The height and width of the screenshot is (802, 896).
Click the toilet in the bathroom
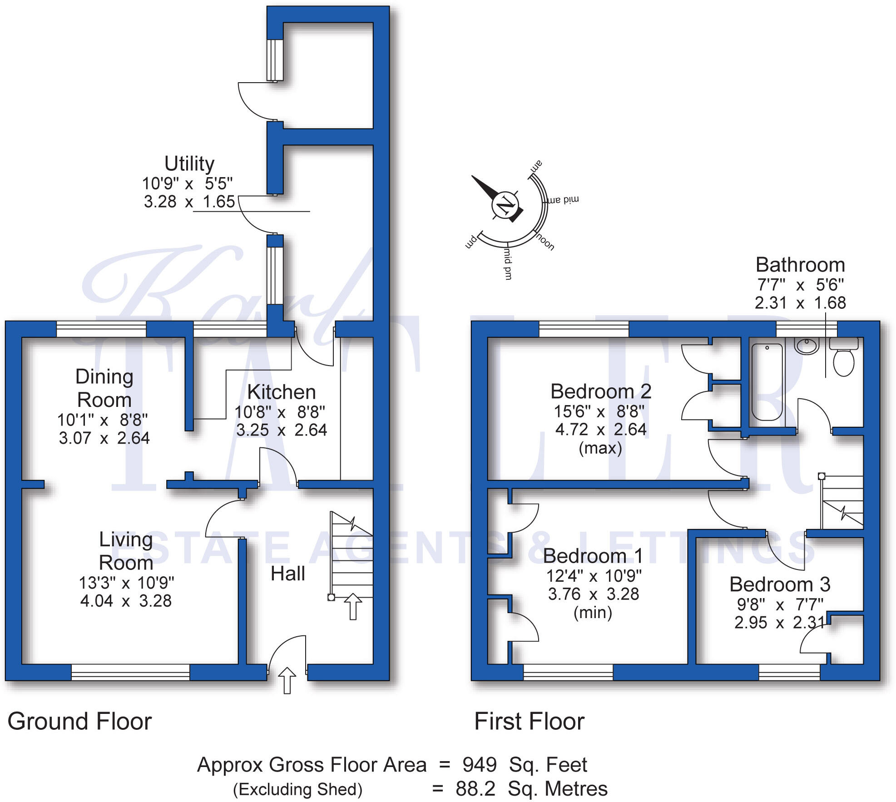(x=844, y=358)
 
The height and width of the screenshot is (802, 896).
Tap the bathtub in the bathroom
(x=767, y=381)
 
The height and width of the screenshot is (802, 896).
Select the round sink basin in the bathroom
(x=807, y=346)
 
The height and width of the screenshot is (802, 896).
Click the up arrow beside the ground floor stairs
(x=353, y=606)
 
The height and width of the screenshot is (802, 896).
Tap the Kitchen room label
(x=282, y=392)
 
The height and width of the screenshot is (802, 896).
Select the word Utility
(x=189, y=163)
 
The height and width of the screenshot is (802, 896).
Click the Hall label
(x=287, y=574)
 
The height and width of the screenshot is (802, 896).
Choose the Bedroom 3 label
(x=780, y=584)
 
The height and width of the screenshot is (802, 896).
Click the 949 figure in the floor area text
(x=480, y=765)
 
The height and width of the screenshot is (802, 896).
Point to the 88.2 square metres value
(x=475, y=789)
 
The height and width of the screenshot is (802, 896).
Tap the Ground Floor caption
(x=79, y=722)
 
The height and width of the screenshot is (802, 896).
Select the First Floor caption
(x=529, y=722)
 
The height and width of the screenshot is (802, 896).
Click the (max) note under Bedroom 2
(x=600, y=448)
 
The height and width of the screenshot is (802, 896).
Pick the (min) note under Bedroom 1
(x=593, y=613)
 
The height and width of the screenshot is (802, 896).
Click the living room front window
(x=130, y=672)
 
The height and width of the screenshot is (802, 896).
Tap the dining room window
(x=101, y=329)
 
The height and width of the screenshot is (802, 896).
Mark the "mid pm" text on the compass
(x=508, y=263)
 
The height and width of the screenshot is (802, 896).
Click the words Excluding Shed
(x=298, y=789)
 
